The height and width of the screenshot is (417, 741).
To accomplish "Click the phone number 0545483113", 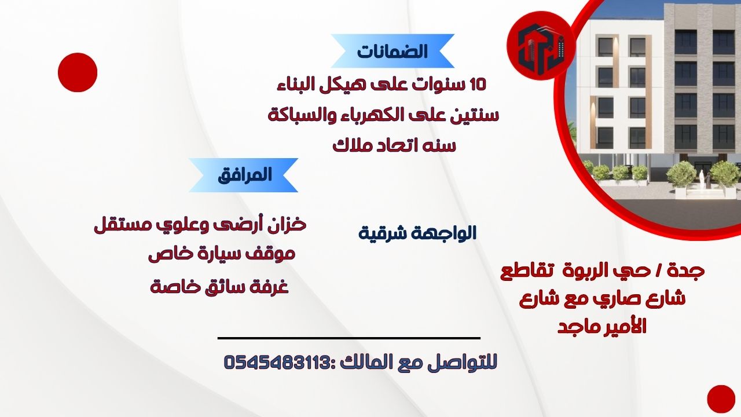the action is (x=277, y=362).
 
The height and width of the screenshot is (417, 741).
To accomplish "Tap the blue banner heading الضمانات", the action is (x=392, y=51).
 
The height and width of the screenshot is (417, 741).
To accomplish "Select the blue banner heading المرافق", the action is (x=244, y=175).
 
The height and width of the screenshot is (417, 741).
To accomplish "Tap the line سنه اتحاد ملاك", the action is (x=394, y=145).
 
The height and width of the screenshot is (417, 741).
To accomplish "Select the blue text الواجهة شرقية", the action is (x=417, y=233).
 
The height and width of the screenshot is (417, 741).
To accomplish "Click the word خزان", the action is (x=288, y=224).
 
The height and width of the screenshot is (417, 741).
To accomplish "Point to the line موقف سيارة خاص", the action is (x=222, y=254).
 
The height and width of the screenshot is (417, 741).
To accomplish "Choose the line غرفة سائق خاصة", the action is (x=219, y=286).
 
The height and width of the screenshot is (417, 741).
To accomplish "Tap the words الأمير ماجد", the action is (x=603, y=327).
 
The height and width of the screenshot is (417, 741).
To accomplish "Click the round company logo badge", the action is (x=541, y=46).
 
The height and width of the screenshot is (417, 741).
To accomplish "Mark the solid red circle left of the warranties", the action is (x=78, y=72).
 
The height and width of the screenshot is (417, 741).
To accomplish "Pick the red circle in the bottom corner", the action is (x=721, y=399).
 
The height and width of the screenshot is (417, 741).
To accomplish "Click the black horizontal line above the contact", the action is (x=349, y=338).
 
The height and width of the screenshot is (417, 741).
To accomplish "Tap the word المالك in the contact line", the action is (x=364, y=362).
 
